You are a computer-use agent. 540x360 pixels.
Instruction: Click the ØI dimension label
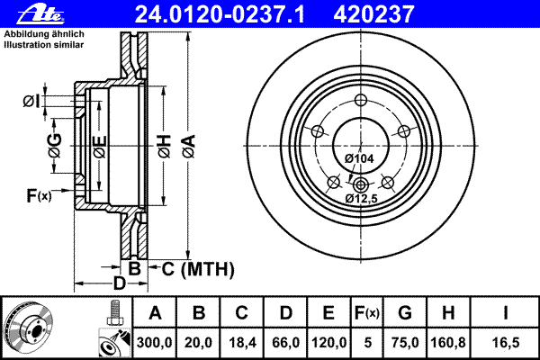pos(31,101)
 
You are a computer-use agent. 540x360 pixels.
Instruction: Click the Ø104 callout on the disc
pos(359,158)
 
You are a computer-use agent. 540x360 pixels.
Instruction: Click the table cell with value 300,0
pos(156,342)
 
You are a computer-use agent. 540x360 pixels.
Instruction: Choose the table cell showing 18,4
pos(242,342)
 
